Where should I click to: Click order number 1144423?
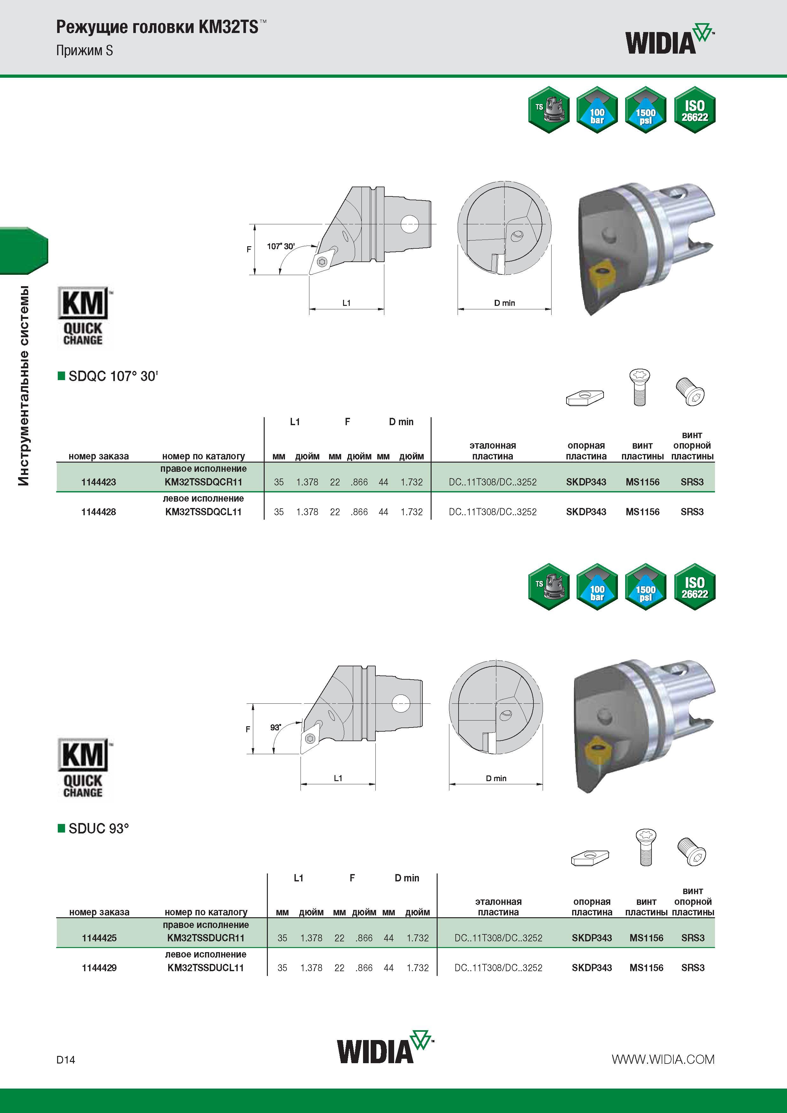click(98, 482)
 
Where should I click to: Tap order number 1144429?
click(99, 968)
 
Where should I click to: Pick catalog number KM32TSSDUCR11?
click(206, 938)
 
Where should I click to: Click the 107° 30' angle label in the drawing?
click(281, 246)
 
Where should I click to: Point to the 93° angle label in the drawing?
click(275, 727)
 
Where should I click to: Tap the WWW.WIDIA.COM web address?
click(663, 1059)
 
